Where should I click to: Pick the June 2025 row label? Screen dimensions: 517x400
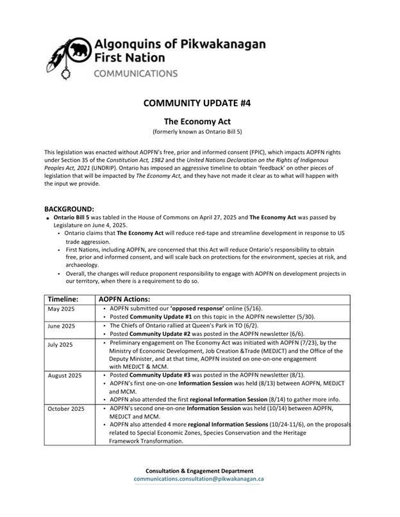point(62,326)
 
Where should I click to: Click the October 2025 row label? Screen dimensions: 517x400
point(66,408)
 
